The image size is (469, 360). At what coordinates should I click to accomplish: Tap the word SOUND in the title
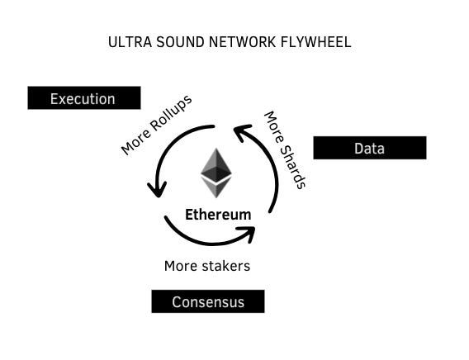tap(170, 41)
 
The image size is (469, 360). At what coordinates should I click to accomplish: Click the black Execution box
tap(83, 98)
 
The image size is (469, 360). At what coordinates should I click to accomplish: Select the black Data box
tap(369, 149)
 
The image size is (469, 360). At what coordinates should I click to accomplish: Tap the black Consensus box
tap(207, 301)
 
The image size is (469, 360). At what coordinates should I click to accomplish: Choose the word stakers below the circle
tap(224, 266)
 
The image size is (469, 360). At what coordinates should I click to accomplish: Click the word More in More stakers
tap(180, 266)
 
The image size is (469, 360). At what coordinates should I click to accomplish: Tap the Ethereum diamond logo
tap(216, 173)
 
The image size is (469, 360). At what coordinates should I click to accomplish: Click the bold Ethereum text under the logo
tap(218, 215)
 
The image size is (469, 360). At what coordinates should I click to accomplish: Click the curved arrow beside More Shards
tap(269, 165)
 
